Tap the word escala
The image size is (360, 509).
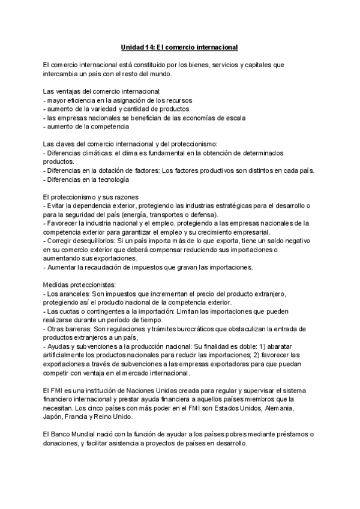click(234, 118)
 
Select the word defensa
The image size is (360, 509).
click(203, 215)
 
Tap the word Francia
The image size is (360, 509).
click(87, 418)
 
